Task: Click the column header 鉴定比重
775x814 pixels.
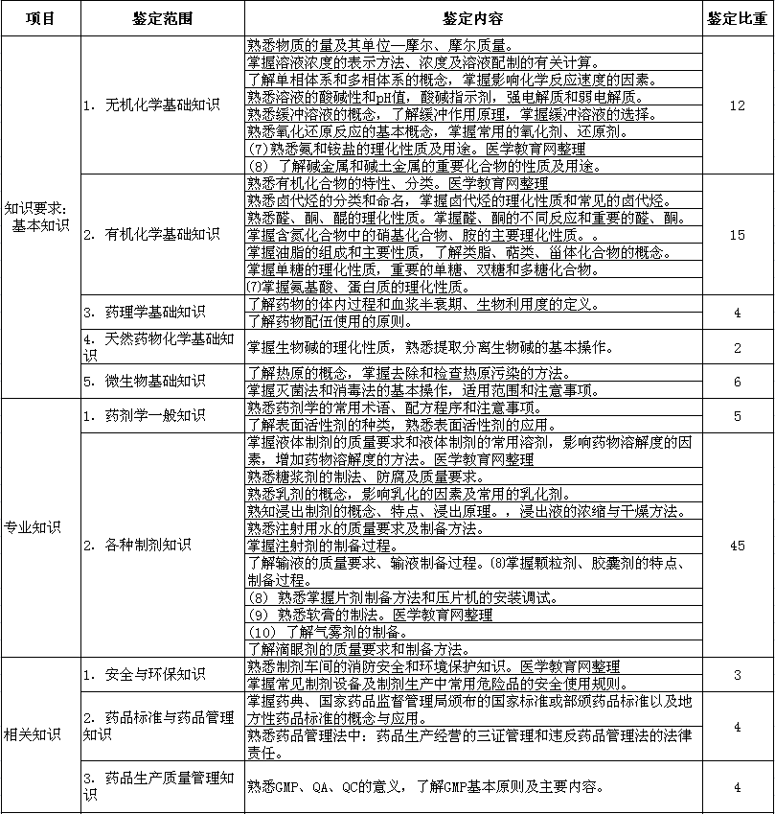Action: pos(737,19)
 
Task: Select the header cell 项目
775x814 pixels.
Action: pos(40,19)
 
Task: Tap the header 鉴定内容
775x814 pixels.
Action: pos(473,19)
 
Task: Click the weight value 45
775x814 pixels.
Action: pos(737,546)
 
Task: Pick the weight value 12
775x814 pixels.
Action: pos(737,105)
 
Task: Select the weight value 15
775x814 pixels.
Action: pos(737,234)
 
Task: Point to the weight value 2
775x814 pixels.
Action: pos(737,347)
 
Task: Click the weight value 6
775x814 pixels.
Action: pos(737,382)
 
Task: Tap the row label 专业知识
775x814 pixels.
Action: pos(33,527)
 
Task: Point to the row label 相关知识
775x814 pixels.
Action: pos(33,734)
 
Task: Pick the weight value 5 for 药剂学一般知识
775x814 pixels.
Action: pos(737,416)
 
